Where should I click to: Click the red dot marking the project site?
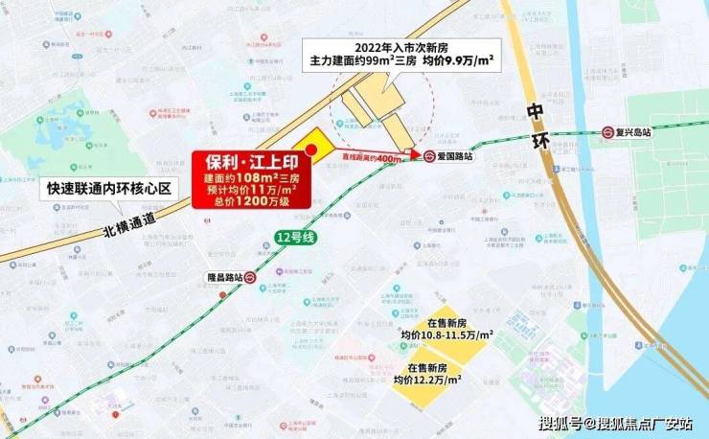[x=310, y=150]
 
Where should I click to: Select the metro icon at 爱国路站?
[x=430, y=156]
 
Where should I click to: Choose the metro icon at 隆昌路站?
[x=249, y=277]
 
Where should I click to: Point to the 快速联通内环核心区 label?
[x=110, y=189]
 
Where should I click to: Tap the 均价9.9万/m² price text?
[x=460, y=60]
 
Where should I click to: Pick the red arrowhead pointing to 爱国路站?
[x=414, y=155]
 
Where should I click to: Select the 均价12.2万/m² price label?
[x=431, y=381]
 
